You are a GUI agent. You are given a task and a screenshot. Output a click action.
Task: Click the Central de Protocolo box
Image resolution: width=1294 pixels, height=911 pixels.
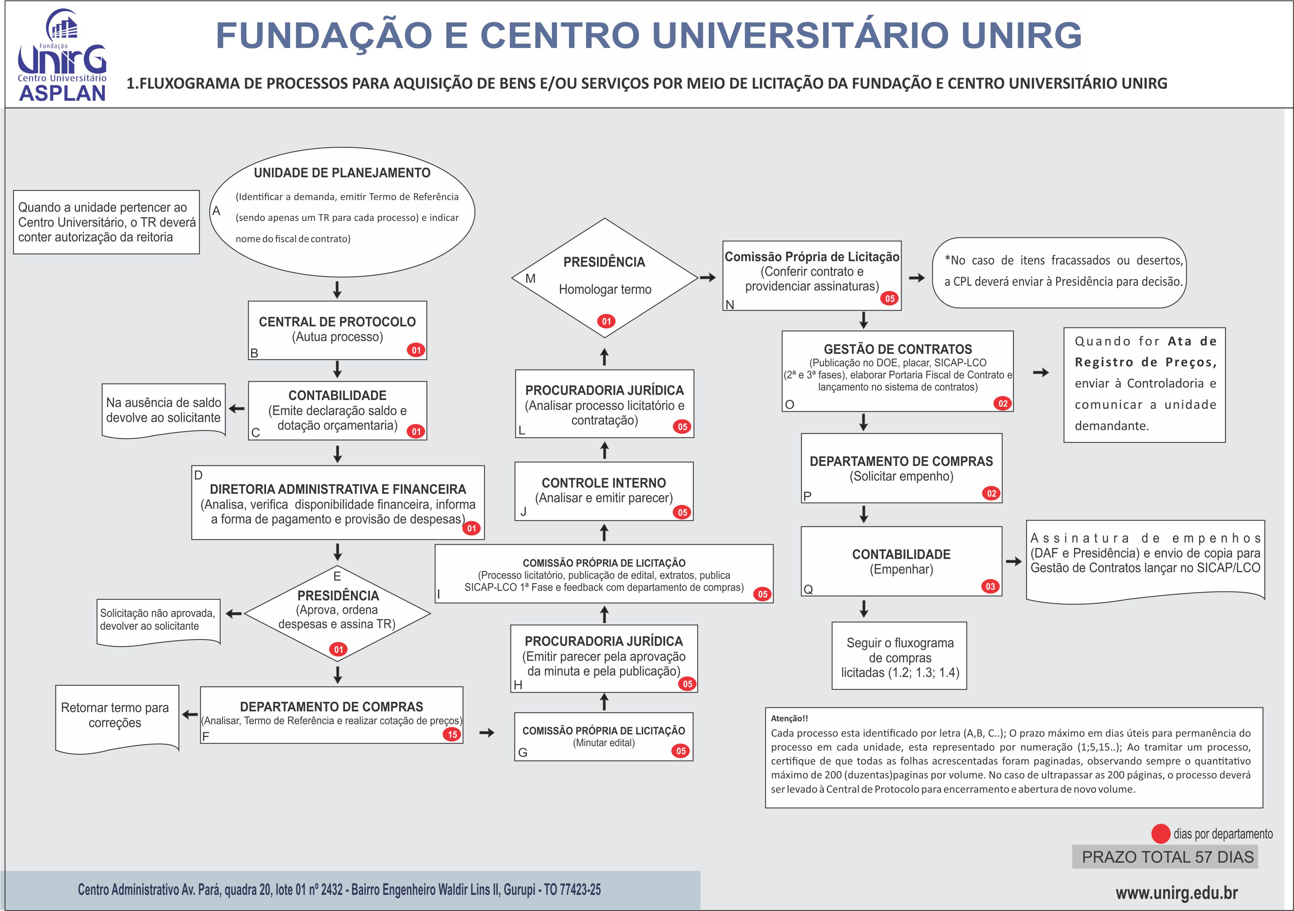click(x=338, y=330)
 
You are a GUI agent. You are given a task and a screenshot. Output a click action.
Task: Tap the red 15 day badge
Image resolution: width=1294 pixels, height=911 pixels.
click(x=452, y=734)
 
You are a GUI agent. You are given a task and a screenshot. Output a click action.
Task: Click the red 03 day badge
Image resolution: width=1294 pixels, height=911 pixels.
click(x=990, y=586)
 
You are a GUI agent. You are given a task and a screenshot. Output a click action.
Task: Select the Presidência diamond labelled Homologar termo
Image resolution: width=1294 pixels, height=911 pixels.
click(x=605, y=278)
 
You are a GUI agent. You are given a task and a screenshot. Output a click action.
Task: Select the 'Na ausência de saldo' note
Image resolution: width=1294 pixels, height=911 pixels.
click(x=163, y=411)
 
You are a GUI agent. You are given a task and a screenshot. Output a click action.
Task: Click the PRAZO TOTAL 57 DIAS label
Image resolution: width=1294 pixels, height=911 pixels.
click(x=1168, y=857)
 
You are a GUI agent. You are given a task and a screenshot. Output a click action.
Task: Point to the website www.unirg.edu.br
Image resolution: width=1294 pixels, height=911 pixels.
click(x=1177, y=892)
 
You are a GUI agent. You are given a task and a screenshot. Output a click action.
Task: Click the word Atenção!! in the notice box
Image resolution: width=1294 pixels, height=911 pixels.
click(x=789, y=718)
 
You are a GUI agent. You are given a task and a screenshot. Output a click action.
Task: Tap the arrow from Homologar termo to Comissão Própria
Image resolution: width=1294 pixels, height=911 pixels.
click(x=708, y=277)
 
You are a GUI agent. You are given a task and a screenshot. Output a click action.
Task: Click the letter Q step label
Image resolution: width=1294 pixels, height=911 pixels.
click(x=808, y=589)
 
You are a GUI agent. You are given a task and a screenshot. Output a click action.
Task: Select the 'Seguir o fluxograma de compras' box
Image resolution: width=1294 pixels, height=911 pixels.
click(x=899, y=656)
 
